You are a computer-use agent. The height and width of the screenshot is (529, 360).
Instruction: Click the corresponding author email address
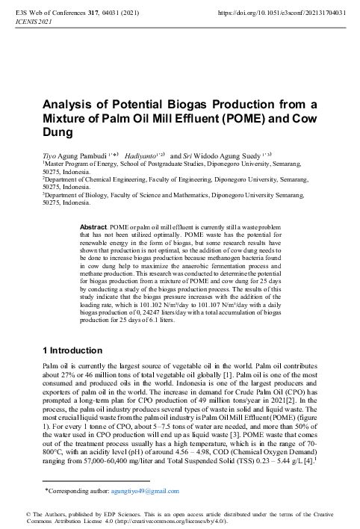[146, 491]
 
